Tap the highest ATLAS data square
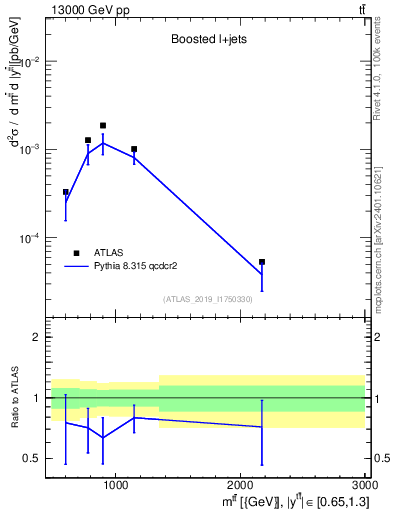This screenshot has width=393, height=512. coord(103,126)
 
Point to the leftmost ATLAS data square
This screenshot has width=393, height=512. coord(66,192)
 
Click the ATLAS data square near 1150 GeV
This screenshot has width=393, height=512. coord(134,149)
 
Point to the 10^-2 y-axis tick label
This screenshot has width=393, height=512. coord(32,62)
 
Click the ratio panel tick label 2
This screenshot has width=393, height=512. coord(36,337)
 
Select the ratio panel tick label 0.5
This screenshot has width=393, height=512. coord(32,459)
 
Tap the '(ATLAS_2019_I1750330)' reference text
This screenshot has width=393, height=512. coord(207,299)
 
